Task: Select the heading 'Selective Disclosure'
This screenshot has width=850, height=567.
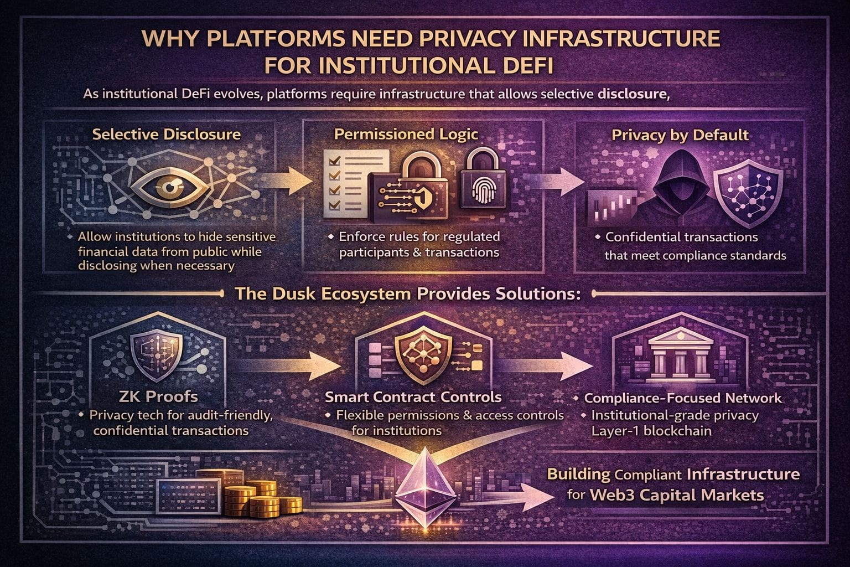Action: [167, 135]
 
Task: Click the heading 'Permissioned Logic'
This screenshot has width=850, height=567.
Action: [406, 135]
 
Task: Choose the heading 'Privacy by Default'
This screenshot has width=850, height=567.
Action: [680, 136]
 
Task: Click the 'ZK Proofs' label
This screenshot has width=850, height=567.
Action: [158, 396]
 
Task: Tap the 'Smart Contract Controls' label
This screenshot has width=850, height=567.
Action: [413, 397]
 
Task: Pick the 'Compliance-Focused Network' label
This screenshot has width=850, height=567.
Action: [683, 398]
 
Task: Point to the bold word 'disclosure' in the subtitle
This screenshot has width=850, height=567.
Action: [633, 94]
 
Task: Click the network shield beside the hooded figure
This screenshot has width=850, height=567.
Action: [747, 188]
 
